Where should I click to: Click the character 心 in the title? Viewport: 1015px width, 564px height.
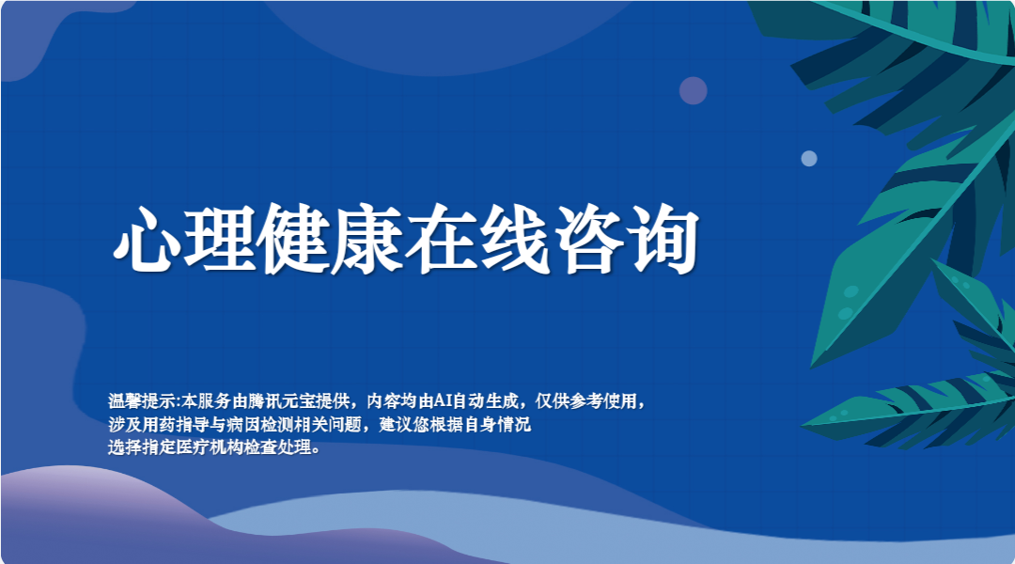(148, 239)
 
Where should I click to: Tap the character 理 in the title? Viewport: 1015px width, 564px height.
(220, 239)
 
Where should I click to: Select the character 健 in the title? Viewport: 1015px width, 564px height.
(294, 239)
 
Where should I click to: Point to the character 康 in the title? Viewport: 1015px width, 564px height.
(367, 239)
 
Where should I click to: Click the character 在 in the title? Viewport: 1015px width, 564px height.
(442, 239)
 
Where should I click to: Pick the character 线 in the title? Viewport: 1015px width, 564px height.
(515, 239)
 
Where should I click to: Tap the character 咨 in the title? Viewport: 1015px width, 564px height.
(589, 239)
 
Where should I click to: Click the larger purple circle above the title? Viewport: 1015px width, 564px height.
(694, 90)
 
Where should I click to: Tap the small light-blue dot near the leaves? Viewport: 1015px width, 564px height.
(809, 159)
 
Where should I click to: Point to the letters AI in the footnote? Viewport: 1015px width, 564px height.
(442, 401)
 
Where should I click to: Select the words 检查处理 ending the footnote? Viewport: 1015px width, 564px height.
(276, 446)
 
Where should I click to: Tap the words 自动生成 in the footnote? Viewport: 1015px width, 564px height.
(485, 401)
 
